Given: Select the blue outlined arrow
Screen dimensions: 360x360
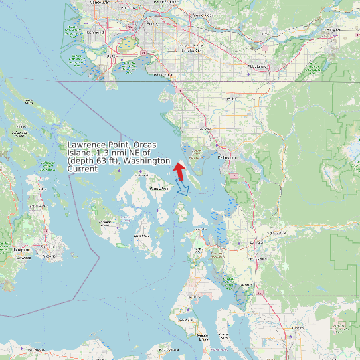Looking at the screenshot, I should click(x=183, y=188).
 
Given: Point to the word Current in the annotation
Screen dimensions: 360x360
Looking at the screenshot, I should click(x=83, y=169).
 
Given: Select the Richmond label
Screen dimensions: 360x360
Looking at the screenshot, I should click(x=94, y=31).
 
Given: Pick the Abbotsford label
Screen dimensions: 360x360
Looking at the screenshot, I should click(x=256, y=66).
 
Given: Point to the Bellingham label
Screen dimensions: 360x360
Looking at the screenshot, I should click(x=227, y=157).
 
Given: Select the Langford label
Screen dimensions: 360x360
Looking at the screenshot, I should click(x=21, y=250).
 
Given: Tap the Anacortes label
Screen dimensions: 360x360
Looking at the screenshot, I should click(x=200, y=230).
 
